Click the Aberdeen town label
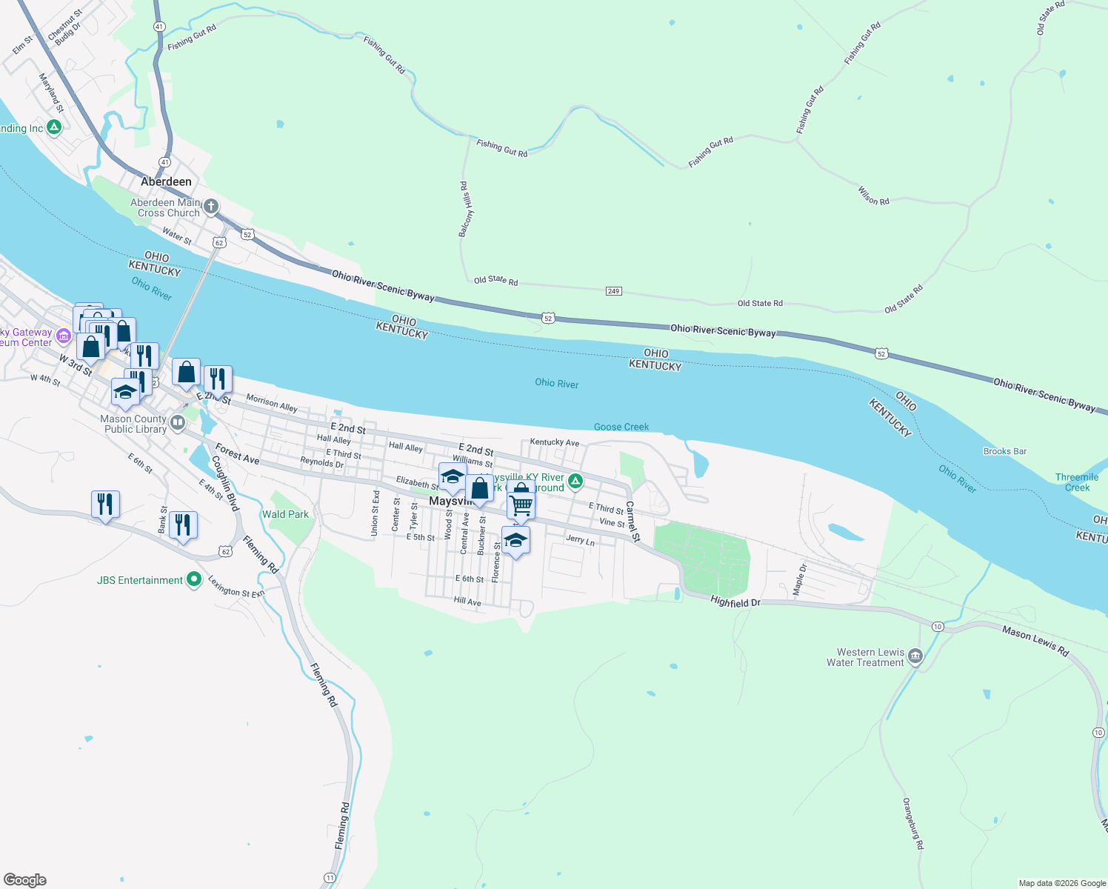click(x=166, y=182)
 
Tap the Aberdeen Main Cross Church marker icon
click(x=211, y=207)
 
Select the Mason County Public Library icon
click(x=178, y=423)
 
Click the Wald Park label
click(x=285, y=514)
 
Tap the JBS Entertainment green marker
click(x=194, y=579)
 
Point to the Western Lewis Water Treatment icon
click(x=915, y=656)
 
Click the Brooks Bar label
click(x=1004, y=451)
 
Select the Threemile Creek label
click(x=1077, y=482)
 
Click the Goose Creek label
click(x=621, y=427)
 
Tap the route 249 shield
click(x=613, y=291)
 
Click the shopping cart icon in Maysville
click(x=521, y=505)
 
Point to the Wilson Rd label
click(x=873, y=196)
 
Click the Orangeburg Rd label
click(x=913, y=823)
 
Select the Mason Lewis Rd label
click(x=1035, y=642)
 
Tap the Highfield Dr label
click(x=735, y=602)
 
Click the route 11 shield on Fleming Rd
click(x=330, y=878)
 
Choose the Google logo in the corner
click(x=25, y=880)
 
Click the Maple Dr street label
click(x=799, y=579)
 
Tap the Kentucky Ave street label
click(x=554, y=442)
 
